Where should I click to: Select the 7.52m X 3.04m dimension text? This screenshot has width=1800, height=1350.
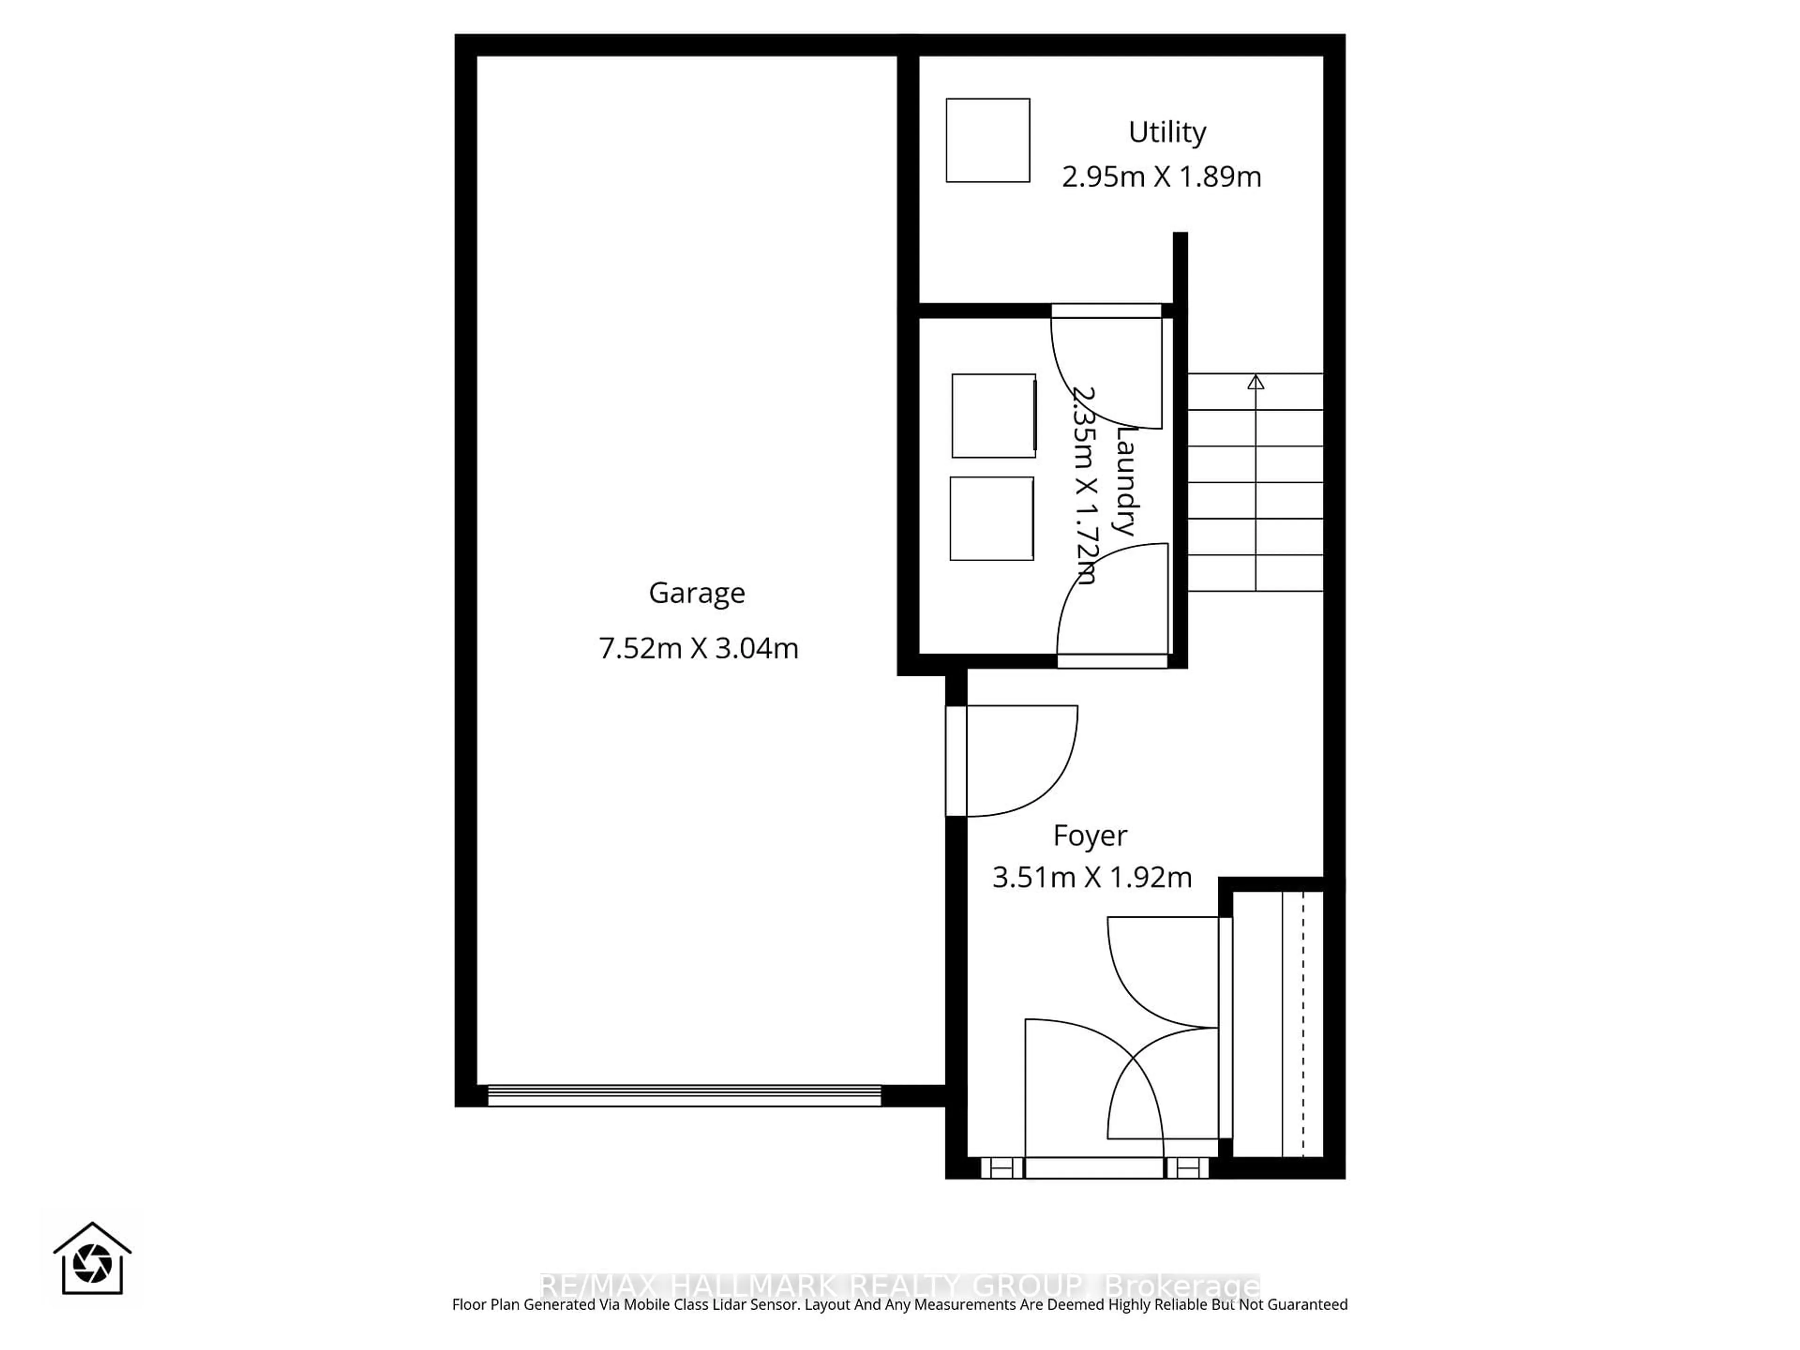coord(698,649)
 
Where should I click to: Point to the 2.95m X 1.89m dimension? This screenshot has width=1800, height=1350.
coord(1161,177)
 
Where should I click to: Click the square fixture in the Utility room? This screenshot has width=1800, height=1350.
coord(987,140)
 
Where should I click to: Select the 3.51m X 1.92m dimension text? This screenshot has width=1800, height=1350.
coord(1091,877)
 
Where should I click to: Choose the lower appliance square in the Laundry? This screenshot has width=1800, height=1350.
coord(991,518)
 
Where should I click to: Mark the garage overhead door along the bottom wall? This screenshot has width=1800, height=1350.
coord(683,1095)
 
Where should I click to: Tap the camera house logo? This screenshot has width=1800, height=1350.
coord(92,1260)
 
